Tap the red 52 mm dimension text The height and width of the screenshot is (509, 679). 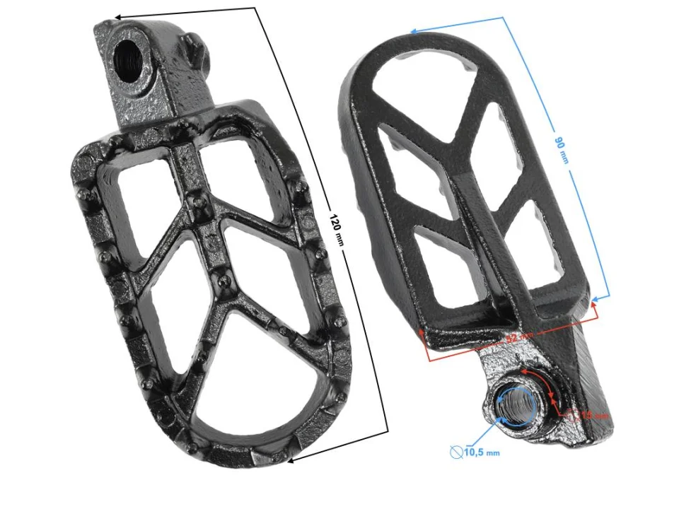click(x=521, y=337)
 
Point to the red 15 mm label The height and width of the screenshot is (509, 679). click(x=593, y=416)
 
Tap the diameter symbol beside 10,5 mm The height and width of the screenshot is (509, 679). click(x=457, y=450)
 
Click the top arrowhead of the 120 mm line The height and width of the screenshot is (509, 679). click(x=118, y=16)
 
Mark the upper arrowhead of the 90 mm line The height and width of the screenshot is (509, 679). click(x=414, y=30)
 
